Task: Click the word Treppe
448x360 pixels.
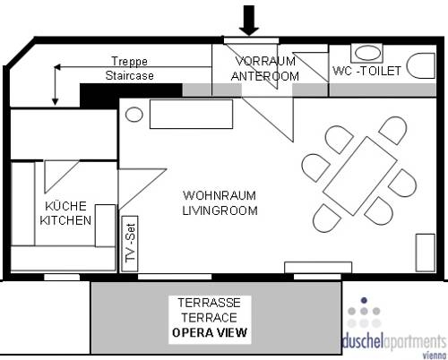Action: (129, 62)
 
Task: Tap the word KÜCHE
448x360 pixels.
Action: (57, 205)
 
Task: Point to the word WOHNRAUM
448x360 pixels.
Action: (220, 195)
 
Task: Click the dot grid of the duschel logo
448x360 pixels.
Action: (366, 313)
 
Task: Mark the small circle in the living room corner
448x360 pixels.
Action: (132, 114)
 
